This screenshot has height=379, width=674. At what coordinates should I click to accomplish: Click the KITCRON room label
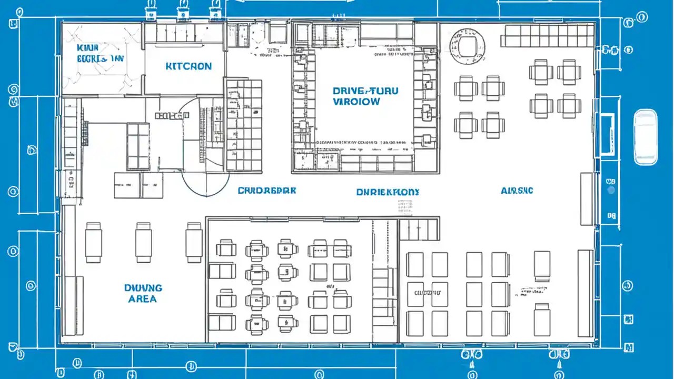[189, 66]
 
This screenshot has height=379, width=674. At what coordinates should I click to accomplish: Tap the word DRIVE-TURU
[365, 91]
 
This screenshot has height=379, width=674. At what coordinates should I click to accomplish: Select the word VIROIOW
[356, 102]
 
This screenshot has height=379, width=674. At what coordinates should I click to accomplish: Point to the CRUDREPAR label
[266, 190]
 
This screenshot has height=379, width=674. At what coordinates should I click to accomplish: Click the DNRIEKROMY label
[388, 192]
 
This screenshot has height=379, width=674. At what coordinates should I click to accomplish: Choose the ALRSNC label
[517, 190]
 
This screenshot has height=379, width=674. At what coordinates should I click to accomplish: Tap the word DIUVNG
[143, 288]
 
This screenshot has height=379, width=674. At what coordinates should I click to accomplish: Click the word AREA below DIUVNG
[142, 299]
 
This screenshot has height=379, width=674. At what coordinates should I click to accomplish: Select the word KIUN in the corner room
[87, 48]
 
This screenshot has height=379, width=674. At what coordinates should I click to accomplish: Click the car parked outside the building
[646, 137]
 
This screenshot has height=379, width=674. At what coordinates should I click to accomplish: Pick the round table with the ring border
[467, 44]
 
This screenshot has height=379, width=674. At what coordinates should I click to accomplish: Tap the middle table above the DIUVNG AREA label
[144, 242]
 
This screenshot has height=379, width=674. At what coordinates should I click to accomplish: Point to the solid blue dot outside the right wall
[611, 190]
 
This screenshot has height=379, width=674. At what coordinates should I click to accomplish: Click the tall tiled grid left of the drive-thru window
[244, 125]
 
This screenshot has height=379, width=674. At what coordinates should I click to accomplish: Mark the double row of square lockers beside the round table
[548, 36]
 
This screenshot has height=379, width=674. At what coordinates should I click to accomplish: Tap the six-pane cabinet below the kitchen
[138, 146]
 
